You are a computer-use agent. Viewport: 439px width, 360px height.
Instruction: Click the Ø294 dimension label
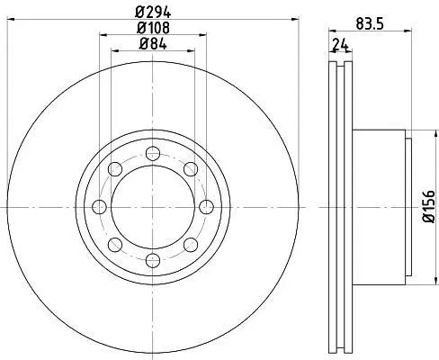pos(153,13)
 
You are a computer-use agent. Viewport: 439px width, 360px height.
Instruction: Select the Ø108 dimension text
pos(153,28)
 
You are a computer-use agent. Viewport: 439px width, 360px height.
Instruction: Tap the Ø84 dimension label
pos(153,44)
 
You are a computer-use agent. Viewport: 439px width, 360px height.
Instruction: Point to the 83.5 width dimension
pos(370,23)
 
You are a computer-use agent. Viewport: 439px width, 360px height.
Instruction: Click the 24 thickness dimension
pos(340,46)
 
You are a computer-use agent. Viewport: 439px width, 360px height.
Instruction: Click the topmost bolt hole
pos(153,154)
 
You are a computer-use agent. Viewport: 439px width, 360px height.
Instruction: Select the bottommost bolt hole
pos(153,260)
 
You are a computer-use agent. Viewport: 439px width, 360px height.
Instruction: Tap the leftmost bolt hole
pos(99,207)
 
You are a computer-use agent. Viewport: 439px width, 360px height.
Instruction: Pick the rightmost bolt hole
pos(207,207)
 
